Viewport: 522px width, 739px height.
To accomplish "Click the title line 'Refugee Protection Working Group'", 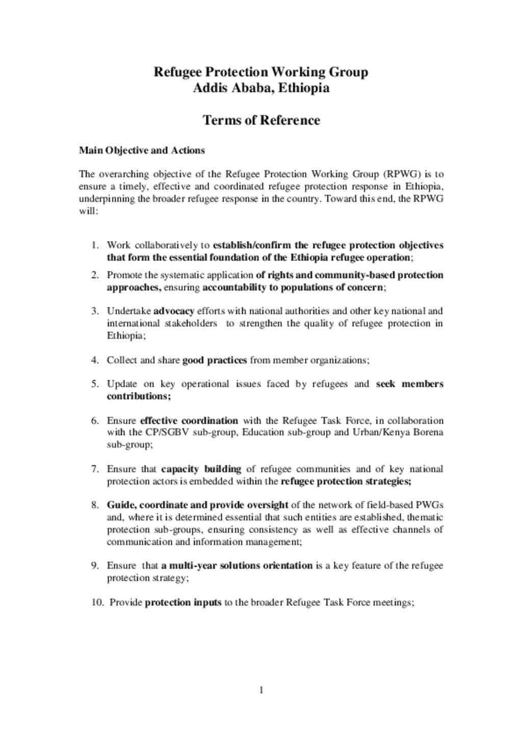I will click(x=260, y=72).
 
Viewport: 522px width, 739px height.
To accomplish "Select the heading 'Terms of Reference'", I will click(x=261, y=120).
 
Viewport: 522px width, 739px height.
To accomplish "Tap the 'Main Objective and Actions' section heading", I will click(x=142, y=150).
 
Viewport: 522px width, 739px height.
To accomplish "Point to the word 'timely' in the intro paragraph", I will click(x=134, y=186).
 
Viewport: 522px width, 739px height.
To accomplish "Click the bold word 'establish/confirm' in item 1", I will click(x=251, y=245).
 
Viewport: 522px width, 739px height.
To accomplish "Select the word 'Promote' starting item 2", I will click(x=124, y=275).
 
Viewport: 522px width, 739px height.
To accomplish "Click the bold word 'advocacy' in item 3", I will click(x=173, y=311).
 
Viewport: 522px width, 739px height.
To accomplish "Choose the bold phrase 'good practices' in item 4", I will click(x=214, y=360).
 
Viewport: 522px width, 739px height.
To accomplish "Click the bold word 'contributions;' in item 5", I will click(x=139, y=396).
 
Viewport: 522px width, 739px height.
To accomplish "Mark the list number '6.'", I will click(x=95, y=421).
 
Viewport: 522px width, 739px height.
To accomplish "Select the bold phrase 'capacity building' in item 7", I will click(x=201, y=469).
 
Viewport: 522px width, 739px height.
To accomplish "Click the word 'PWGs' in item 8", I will click(x=429, y=505).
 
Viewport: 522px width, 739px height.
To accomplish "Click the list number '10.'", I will click(x=97, y=602).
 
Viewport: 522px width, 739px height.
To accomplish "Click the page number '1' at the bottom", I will click(x=261, y=690).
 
